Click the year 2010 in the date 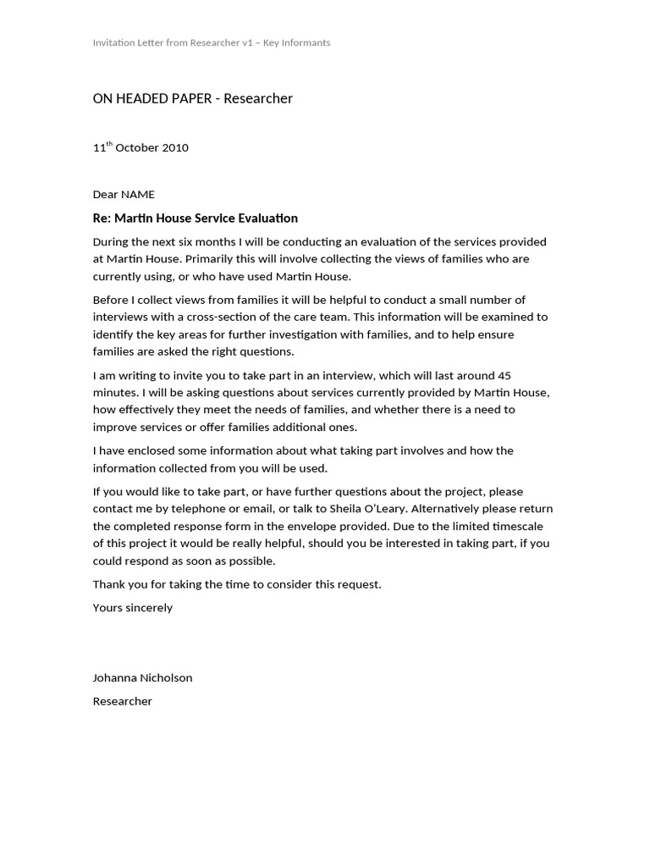(x=174, y=148)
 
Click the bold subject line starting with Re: (x=195, y=218)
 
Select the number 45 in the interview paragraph (x=504, y=375)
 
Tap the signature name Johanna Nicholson (x=142, y=678)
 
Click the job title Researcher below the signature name (x=122, y=702)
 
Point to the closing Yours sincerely (x=132, y=608)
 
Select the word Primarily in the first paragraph (x=209, y=259)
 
